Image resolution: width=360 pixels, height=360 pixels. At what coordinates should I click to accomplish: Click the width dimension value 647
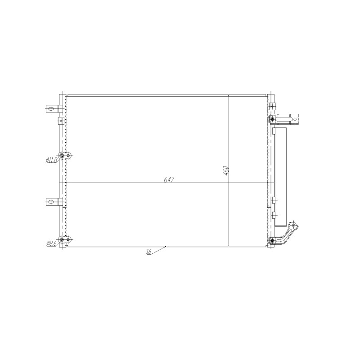point(169,180)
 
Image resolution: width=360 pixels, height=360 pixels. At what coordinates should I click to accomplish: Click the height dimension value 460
point(226,171)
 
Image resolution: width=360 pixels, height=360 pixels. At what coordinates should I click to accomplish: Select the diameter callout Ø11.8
point(51,160)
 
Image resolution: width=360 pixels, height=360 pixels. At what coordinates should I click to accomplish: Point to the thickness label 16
point(149,252)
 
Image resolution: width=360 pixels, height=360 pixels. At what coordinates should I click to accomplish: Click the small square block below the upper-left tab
point(61,120)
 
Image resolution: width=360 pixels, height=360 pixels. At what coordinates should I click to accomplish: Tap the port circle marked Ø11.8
point(61,156)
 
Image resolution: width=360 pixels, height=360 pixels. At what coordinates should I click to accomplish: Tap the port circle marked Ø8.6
point(61,240)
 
